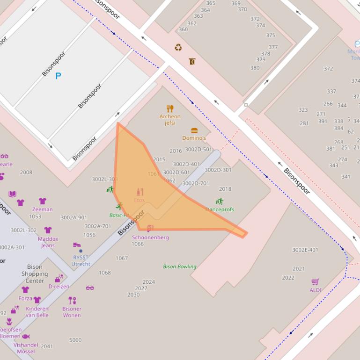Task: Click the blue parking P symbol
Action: pos(58,76)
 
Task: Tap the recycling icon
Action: pos(178,47)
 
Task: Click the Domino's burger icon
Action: pos(194,130)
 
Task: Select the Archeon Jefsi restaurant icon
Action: pos(170,108)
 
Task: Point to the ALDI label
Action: pos(316,290)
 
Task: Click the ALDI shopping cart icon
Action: pos(316,281)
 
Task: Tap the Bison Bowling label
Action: pos(180,266)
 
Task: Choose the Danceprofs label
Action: pos(220,209)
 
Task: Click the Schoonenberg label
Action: pos(150,238)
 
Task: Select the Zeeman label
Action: pos(42,209)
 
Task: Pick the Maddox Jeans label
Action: pos(48,242)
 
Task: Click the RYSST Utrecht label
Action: pos(81,261)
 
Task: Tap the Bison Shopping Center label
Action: pos(35,274)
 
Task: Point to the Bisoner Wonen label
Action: pos(72,312)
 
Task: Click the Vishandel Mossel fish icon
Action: pos(26,337)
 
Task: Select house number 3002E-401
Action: pos(305,250)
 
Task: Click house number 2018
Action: pos(225,189)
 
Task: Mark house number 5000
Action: pos(75,340)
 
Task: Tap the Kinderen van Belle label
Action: pos(37,312)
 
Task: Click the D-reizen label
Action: pos(59,287)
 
